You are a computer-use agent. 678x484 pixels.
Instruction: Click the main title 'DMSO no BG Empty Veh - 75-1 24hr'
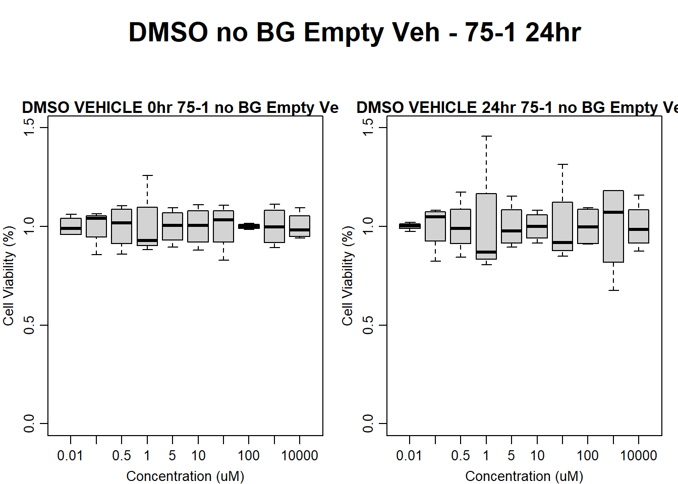point(355,32)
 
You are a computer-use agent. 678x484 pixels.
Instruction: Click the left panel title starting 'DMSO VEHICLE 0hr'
point(180,107)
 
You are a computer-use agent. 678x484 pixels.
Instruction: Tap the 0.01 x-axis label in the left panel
point(70,456)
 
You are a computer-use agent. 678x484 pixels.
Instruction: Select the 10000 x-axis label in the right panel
point(638,456)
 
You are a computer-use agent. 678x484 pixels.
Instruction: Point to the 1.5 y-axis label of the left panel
point(29,127)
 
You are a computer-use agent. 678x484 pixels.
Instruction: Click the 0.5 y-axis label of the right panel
point(368,325)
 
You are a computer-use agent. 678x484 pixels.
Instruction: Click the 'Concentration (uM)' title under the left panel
point(185,476)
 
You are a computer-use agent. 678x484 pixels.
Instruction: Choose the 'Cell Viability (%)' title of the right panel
point(348,275)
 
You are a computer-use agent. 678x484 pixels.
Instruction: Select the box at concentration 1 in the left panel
point(147,226)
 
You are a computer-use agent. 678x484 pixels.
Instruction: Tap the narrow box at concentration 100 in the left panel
point(249,226)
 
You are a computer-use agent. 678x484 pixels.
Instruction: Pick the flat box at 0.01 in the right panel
point(410,226)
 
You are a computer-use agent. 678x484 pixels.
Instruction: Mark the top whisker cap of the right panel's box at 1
point(486,136)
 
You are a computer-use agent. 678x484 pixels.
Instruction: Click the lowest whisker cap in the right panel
point(613,290)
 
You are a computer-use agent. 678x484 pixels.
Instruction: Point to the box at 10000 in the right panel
point(639,226)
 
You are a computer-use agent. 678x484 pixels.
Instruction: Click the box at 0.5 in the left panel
point(122,226)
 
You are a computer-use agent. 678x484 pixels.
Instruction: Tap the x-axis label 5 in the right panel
point(512,456)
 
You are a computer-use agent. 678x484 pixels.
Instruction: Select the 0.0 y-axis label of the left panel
point(29,423)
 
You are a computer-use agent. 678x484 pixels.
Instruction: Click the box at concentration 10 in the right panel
point(537,226)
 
